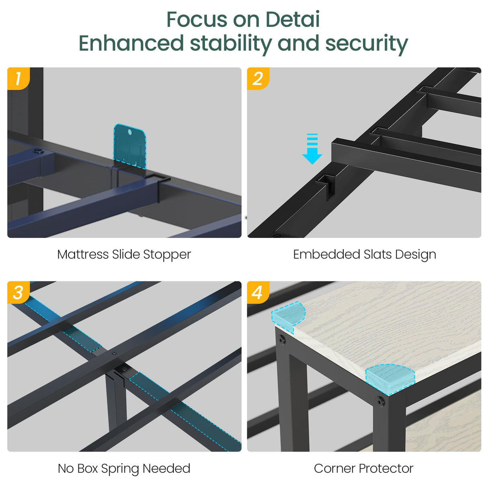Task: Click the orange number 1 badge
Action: pos(18,78)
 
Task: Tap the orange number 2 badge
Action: pos(258,78)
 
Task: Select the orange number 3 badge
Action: pos(18,292)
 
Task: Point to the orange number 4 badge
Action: pos(258,292)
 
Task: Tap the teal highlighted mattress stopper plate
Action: pos(130,146)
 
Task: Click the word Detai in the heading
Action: pos(292,20)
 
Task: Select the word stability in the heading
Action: pos(230,44)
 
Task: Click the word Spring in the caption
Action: pos(120,469)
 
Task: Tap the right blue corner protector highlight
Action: pos(390,379)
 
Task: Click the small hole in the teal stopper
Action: pos(130,132)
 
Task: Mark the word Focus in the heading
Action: pos(197,20)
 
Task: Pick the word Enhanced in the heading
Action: pos(131,43)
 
